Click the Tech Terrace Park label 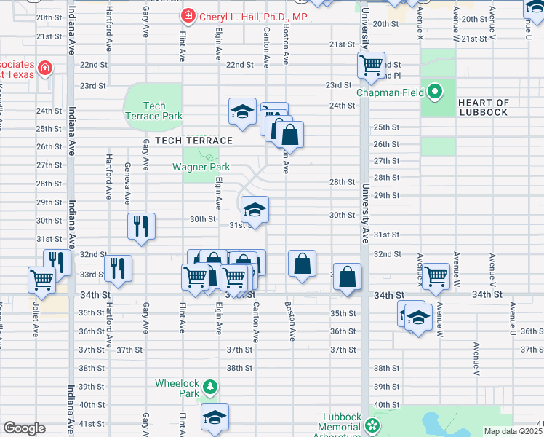153,111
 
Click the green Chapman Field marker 435,92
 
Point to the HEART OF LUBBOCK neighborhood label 484,108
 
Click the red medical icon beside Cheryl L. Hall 188,16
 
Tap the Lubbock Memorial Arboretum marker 373,424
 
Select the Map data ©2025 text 513,431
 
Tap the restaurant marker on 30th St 141,225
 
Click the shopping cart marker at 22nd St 371,65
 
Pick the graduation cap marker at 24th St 242,111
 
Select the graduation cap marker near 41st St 215,417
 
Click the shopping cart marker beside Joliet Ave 41,279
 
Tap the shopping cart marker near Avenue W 436,276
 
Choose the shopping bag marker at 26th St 289,135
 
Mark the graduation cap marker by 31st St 255,210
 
